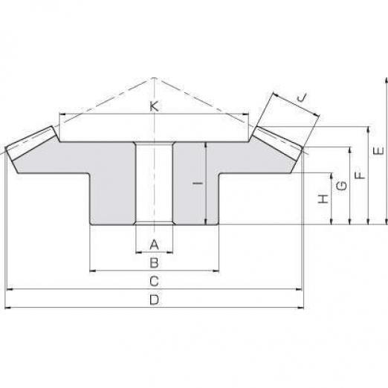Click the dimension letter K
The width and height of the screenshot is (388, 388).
click(154, 106)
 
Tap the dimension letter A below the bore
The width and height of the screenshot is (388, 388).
click(154, 245)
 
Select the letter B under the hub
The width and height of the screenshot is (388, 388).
click(154, 263)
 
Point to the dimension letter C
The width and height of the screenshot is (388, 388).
click(154, 281)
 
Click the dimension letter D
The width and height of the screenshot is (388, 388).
click(154, 300)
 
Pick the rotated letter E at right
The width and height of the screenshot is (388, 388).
click(378, 151)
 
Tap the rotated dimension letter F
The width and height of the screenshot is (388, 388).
click(360, 175)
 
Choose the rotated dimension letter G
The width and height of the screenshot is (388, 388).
click(342, 186)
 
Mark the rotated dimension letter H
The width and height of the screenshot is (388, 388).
click(323, 199)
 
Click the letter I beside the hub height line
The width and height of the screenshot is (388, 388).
click(198, 184)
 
